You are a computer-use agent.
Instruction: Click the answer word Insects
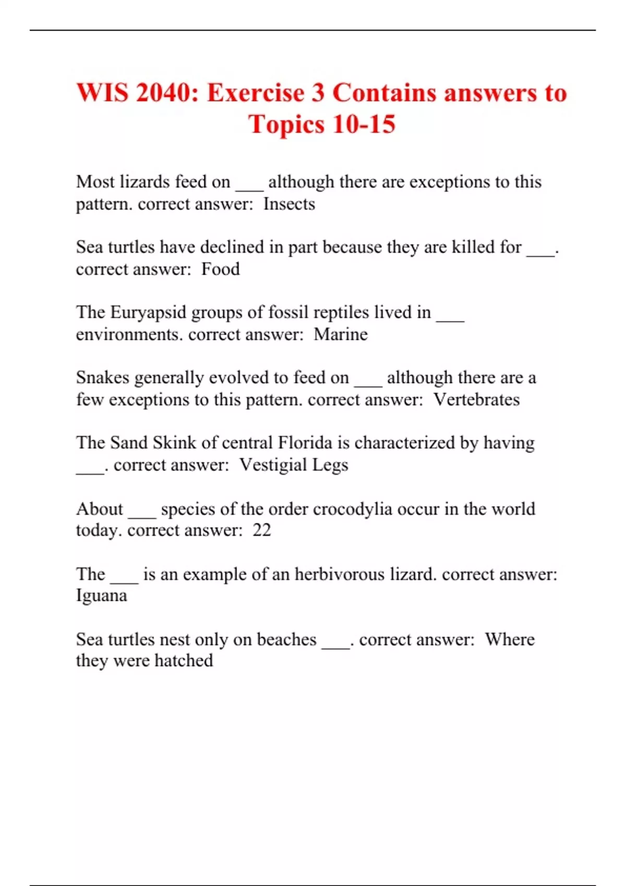(x=289, y=204)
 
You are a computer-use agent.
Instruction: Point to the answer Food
(x=221, y=269)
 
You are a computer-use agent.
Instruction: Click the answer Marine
(x=341, y=334)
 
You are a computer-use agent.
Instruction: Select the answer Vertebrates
(x=477, y=399)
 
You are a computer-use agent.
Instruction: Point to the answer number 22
(x=262, y=530)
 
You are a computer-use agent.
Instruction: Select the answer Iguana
(x=102, y=596)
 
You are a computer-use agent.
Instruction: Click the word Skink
(x=174, y=442)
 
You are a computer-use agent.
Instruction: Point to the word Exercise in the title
(x=256, y=93)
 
